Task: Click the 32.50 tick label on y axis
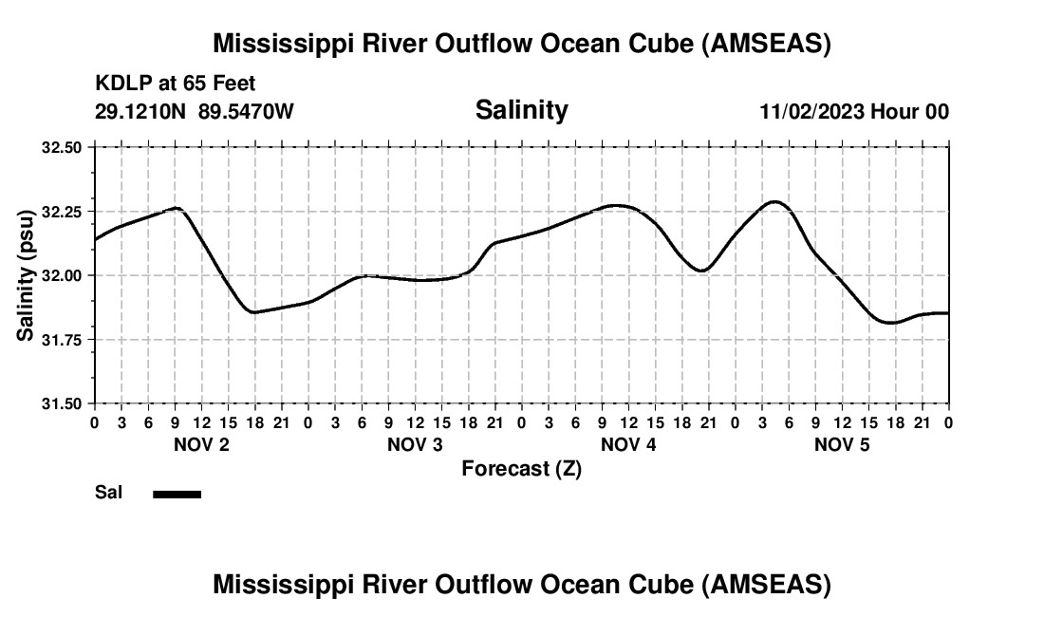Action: coord(63,147)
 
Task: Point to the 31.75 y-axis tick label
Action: coord(63,339)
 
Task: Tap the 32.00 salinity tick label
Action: coord(63,275)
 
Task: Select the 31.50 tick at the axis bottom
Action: coord(63,403)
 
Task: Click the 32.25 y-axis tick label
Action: coord(63,211)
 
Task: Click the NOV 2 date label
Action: coord(200,444)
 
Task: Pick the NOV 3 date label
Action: coord(415,444)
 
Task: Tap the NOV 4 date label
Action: coord(628,444)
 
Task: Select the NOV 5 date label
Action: coord(842,444)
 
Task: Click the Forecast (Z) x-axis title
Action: coord(521,468)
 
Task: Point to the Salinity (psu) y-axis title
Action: coord(26,275)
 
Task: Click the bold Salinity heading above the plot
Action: coord(521,110)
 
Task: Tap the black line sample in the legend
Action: coord(177,494)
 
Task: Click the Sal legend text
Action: coord(108,493)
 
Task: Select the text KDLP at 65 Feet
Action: coord(175,84)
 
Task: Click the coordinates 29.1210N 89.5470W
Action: coord(194,112)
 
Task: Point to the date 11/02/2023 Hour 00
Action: coord(853,112)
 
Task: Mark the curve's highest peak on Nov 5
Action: coord(774,201)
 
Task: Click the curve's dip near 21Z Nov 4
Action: coord(701,271)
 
